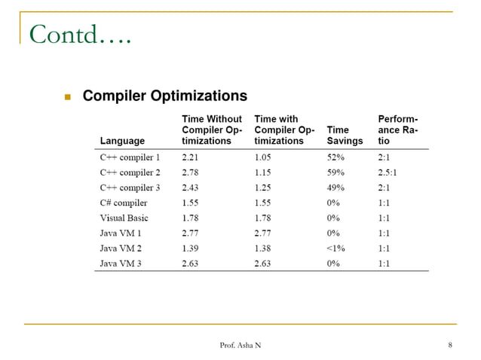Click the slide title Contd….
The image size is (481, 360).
pos(79,34)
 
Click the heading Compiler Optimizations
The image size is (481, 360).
pos(164,96)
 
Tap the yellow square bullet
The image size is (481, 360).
pos(67,97)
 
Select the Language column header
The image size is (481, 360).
pos(122,141)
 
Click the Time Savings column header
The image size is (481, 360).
pos(345,135)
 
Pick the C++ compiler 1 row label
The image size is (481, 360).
pos(130,157)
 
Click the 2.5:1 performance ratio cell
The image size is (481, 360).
pos(389,172)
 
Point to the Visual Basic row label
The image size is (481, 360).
pos(124,218)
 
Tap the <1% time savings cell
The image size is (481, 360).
pos(337,248)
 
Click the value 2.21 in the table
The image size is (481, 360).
pos(191,157)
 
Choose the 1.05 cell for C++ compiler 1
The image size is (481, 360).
pos(264,157)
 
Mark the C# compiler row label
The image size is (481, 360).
pos(124,203)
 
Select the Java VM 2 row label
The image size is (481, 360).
pos(121,248)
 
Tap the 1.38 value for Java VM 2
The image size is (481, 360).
pos(264,248)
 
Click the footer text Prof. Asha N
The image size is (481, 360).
pos(240,345)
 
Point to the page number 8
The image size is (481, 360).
pos(449,345)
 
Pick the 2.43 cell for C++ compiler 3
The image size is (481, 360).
pos(191,188)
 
